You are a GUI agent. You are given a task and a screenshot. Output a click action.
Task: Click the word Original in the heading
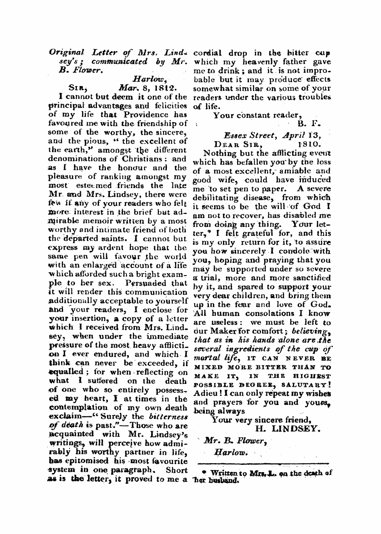coord(64,53)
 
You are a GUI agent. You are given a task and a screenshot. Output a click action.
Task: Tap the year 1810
coord(309,143)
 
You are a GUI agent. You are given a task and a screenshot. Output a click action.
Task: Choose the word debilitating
coord(221,198)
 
